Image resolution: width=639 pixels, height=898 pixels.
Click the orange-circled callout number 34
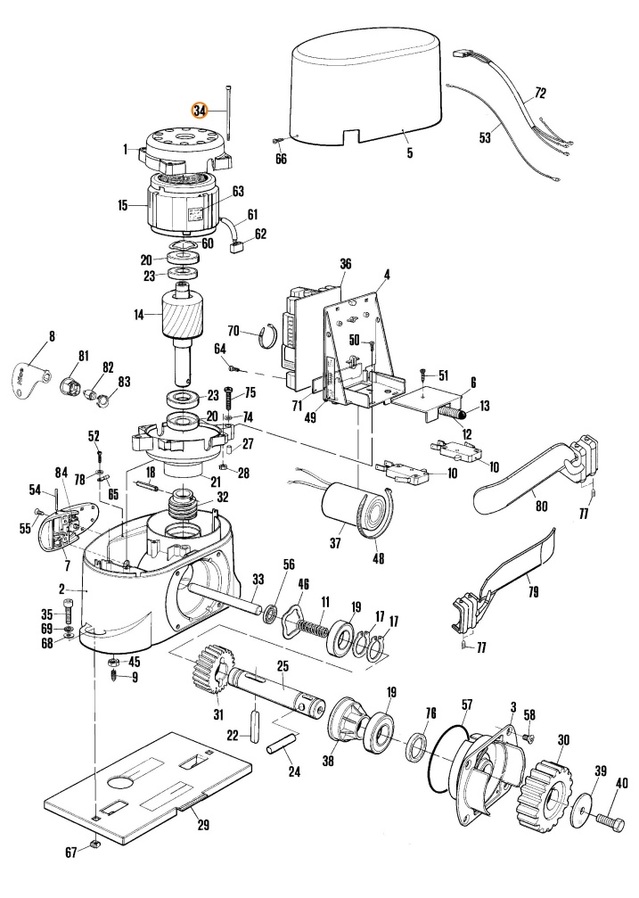pyautogui.click(x=199, y=111)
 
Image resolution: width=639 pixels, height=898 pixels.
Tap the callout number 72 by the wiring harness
pyautogui.click(x=539, y=93)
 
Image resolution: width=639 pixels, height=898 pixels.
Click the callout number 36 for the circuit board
pyautogui.click(x=345, y=264)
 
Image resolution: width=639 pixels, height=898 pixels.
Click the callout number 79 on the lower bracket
pyautogui.click(x=533, y=591)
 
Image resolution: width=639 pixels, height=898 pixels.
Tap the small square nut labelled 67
pyautogui.click(x=94, y=844)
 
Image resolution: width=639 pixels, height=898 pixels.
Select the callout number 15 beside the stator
pyautogui.click(x=122, y=204)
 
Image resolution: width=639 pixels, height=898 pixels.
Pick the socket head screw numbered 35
pyautogui.click(x=68, y=614)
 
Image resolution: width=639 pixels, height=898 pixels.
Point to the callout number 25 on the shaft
pyautogui.click(x=283, y=667)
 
